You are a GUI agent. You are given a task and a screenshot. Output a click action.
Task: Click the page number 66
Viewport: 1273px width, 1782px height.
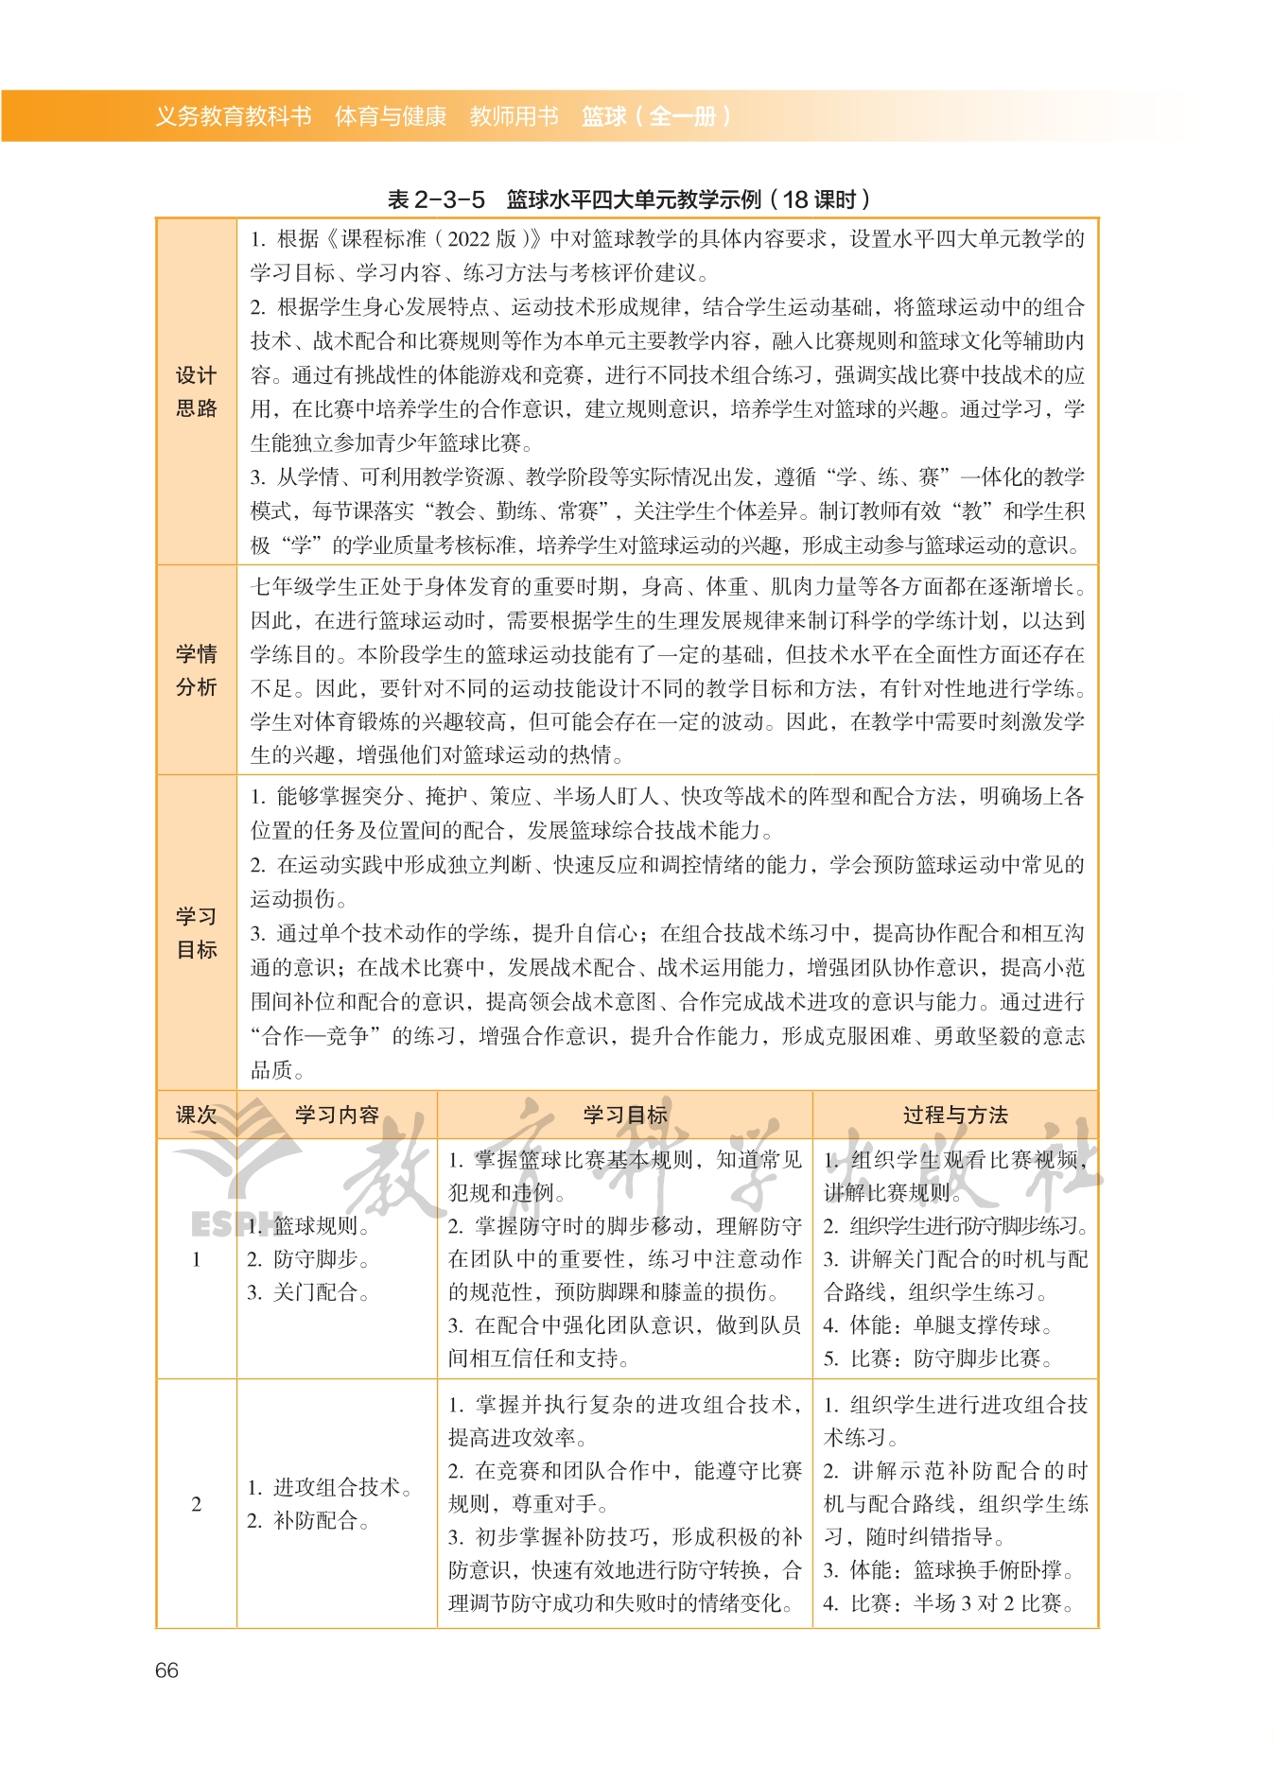point(166,1670)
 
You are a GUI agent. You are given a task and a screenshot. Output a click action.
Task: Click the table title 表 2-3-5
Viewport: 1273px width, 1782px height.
point(436,199)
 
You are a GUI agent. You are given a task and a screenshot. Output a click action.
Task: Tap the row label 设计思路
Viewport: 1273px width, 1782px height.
point(196,391)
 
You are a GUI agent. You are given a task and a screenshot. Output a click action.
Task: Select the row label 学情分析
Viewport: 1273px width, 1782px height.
point(196,670)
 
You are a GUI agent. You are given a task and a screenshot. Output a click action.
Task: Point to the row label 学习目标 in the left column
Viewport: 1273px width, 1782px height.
point(196,933)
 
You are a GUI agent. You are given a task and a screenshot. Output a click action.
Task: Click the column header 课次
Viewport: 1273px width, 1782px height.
point(196,1115)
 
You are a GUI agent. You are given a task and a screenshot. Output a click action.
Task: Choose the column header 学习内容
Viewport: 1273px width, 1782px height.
point(337,1115)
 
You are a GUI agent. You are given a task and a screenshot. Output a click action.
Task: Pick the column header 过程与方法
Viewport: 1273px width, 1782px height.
point(955,1115)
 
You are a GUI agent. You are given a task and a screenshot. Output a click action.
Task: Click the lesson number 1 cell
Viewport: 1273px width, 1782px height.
point(196,1259)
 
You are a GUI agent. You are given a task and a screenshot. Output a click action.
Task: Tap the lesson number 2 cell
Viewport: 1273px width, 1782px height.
point(196,1504)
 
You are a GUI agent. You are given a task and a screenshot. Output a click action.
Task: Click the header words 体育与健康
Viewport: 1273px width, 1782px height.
point(390,116)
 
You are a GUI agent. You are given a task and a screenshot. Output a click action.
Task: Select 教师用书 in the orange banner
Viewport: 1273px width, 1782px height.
point(514,116)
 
